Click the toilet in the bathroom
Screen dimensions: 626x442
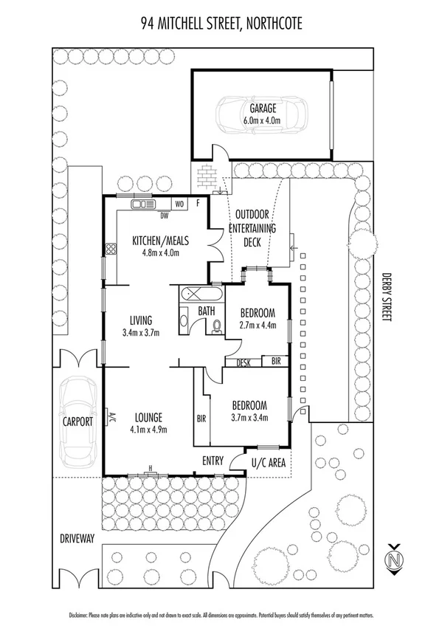tap(217, 328)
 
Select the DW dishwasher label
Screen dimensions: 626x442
tap(165, 216)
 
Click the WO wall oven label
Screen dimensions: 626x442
tap(179, 204)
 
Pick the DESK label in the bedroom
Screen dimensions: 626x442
tap(244, 362)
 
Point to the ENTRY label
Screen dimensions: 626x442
tap(213, 461)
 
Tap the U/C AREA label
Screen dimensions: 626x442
tap(269, 462)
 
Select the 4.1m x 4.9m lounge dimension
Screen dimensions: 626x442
tap(146, 429)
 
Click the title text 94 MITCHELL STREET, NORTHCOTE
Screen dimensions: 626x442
tap(221, 24)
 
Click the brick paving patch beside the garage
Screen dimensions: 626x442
tap(209, 176)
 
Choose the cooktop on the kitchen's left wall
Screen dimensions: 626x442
tap(110, 250)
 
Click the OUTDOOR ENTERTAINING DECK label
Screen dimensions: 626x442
tap(255, 229)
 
